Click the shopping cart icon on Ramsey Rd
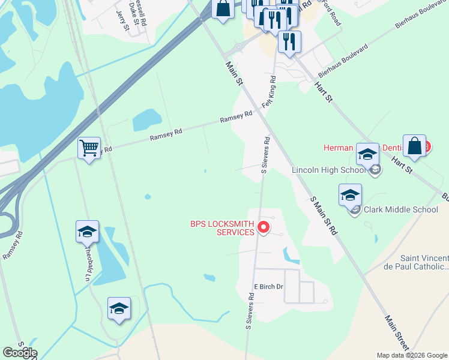pyautogui.click(x=89, y=148)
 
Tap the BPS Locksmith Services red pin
pyautogui.click(x=263, y=227)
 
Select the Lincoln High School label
pyautogui.click(x=328, y=170)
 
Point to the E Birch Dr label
pyautogui.click(x=268, y=287)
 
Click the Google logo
pyautogui.click(x=20, y=353)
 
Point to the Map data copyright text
pyautogui.click(x=412, y=355)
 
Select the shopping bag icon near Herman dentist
pyautogui.click(x=414, y=145)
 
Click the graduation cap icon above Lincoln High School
pyautogui.click(x=367, y=155)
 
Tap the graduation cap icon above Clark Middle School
pyautogui.click(x=351, y=195)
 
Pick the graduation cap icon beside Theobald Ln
pyautogui.click(x=87, y=231)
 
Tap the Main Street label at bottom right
pyautogui.click(x=397, y=334)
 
